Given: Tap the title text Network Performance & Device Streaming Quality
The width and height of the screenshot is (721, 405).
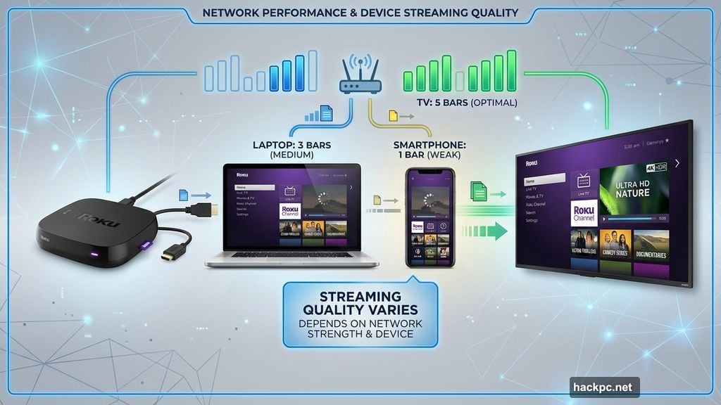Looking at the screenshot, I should click(x=360, y=12).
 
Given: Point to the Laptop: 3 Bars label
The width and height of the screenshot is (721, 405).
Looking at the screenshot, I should click(x=291, y=150).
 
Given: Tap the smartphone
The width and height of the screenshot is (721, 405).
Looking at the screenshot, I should click(x=430, y=217).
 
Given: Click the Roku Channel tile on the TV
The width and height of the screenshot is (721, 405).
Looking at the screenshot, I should click(x=584, y=212).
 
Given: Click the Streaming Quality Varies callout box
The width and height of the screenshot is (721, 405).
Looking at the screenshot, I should click(x=360, y=314).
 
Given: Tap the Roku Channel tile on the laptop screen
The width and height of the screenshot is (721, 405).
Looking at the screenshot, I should click(x=289, y=212).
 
